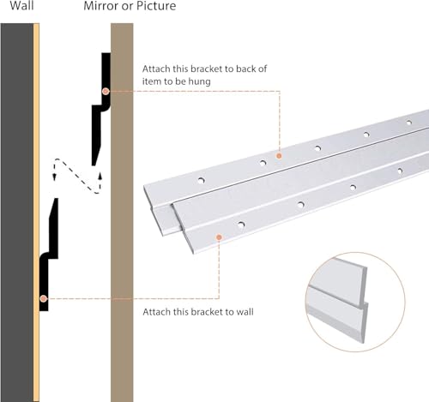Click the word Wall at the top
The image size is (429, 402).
click(21, 5)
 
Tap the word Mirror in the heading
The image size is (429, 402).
click(101, 6)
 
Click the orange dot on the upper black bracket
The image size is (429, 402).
click(106, 92)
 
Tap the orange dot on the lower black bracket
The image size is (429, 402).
click(44, 299)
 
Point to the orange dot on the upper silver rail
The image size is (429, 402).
click(279, 156)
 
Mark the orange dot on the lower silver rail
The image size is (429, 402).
click(219, 237)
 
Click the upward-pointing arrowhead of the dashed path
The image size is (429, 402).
click(100, 176)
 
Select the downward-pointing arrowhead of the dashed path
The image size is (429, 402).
click(54, 177)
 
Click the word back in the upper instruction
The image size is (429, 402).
click(244, 69)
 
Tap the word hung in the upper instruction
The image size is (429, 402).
click(200, 81)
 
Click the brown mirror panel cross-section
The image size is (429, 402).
click(122, 213)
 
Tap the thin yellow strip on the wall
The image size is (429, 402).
click(36, 213)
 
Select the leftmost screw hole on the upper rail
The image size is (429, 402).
click(201, 181)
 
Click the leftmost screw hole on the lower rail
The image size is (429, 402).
click(241, 225)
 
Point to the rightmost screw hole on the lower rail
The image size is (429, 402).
click(400, 171)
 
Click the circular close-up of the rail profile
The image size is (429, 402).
click(355, 302)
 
